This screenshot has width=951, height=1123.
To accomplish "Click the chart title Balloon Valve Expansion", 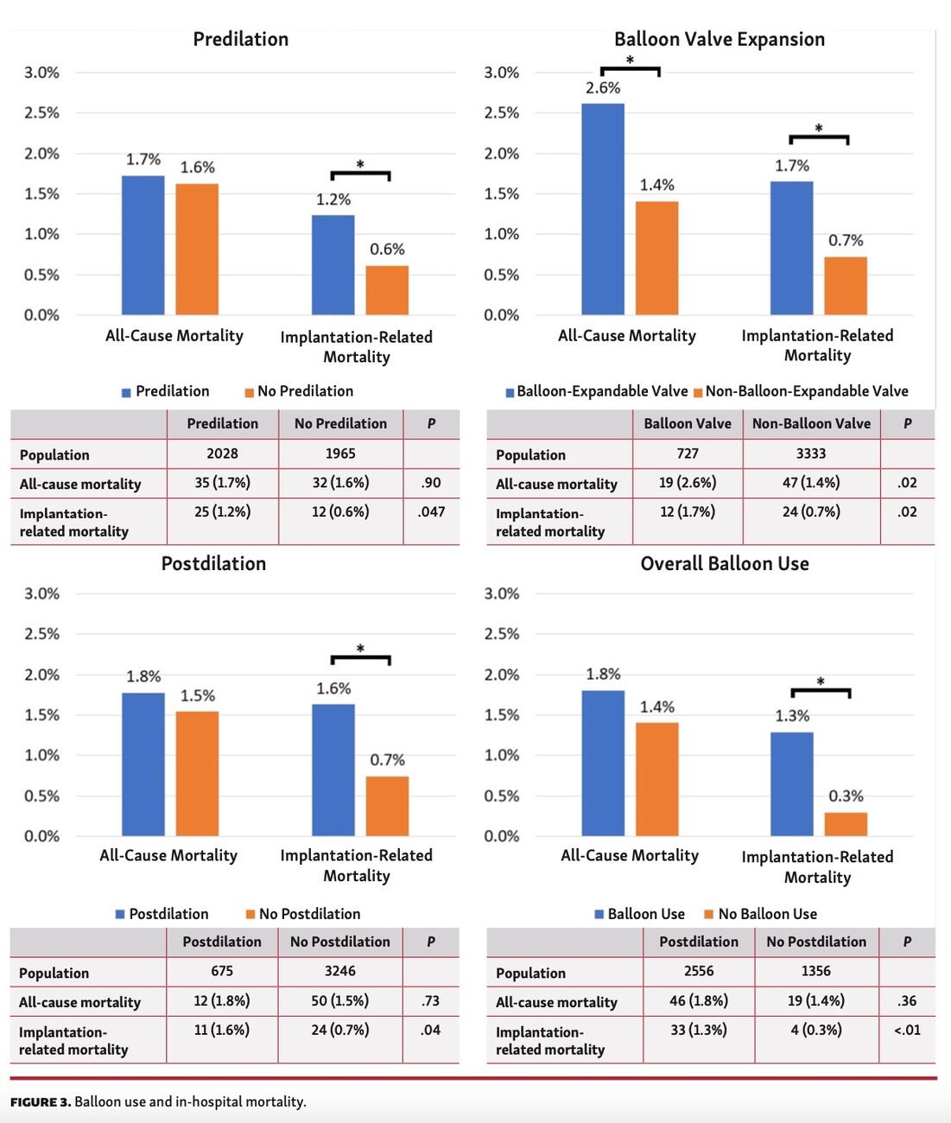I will click(719, 39).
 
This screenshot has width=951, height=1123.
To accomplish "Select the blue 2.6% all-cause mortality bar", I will click(602, 209).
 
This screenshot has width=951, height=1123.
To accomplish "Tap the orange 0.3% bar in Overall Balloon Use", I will click(846, 823).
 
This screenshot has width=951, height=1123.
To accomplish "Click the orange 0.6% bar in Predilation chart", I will click(387, 289).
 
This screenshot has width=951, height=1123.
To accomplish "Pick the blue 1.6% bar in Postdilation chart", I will click(333, 770).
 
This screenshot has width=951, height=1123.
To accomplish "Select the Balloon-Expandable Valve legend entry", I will click(598, 391).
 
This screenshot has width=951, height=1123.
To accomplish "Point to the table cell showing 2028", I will click(222, 454).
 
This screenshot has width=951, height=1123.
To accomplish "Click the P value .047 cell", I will click(431, 511).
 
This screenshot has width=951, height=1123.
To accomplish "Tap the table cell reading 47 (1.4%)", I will click(810, 483).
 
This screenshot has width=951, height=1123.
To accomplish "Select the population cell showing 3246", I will click(339, 971).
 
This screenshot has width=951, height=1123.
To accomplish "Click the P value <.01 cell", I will click(906, 1030).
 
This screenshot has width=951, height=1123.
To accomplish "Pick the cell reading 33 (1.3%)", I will click(699, 1030).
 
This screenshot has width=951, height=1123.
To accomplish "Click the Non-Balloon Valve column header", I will click(811, 423).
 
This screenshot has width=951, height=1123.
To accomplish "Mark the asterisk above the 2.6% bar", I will click(630, 60).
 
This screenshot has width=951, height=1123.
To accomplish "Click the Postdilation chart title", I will click(213, 564).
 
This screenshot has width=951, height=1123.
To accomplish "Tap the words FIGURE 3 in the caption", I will click(40, 1102).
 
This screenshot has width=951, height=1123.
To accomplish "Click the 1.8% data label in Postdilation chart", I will click(143, 676).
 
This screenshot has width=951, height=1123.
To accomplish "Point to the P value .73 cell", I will click(430, 1001).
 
